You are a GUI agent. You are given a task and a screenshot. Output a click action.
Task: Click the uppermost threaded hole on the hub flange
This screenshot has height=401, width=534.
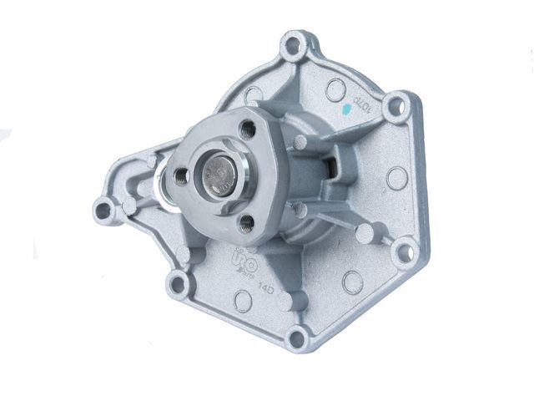[246, 129]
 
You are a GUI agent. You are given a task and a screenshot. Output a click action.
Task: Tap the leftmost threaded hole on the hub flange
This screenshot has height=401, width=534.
[180, 175]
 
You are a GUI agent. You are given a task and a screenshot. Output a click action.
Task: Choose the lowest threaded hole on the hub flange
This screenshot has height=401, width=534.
[244, 221]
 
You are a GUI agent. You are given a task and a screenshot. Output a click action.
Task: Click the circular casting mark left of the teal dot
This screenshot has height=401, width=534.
[335, 89]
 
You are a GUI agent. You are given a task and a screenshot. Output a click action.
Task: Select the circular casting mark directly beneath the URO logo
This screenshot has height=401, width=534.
[244, 299]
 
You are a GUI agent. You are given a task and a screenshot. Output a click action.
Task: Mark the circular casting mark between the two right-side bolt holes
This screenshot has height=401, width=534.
[397, 178]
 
